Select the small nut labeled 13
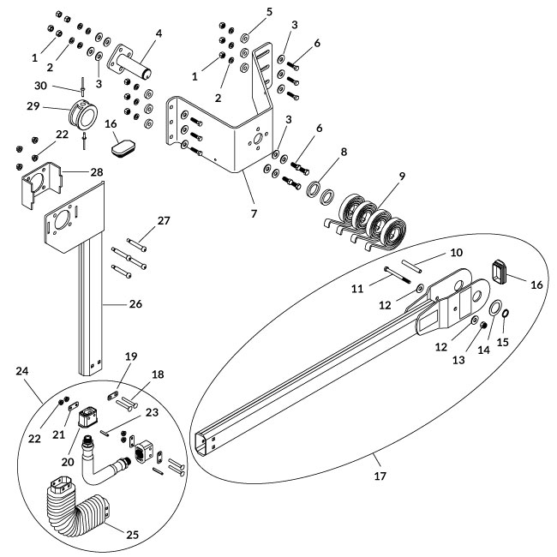pyautogui.click(x=482, y=325)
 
